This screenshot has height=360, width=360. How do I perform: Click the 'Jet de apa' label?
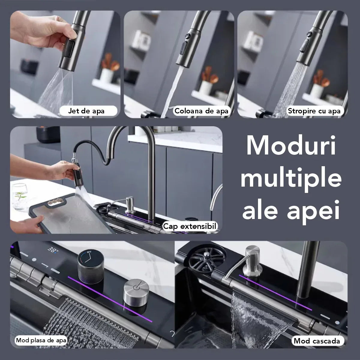(86, 111)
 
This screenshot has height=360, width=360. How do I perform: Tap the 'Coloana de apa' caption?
(201, 111)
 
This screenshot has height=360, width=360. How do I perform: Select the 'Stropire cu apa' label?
(314, 111)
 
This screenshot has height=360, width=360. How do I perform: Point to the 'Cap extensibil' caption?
(190, 226)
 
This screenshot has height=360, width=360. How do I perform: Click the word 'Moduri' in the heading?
(291, 145)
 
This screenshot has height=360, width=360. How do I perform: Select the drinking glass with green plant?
(19, 197)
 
